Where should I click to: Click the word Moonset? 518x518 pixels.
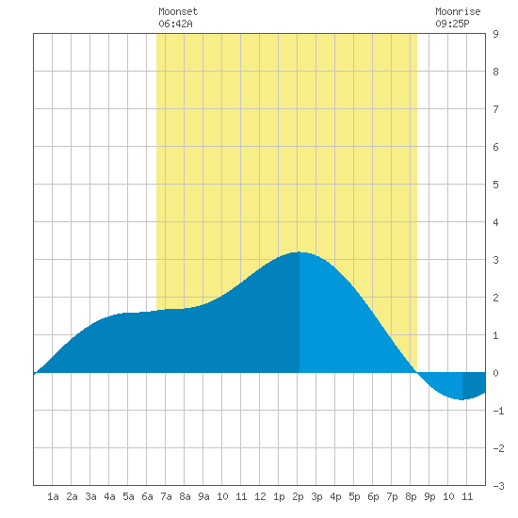coord(178,11)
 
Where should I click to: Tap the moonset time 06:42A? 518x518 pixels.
coord(175,24)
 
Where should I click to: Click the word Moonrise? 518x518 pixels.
coord(458,11)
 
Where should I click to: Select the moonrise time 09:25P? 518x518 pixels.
coord(452,24)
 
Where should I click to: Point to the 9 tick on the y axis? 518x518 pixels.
coord(495,34)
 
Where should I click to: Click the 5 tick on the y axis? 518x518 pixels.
coord(495,185)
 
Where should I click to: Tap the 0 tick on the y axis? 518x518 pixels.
coord(495,373)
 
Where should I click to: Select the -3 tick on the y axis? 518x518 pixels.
coord(498,486)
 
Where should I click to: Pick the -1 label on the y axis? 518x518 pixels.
coord(498,411)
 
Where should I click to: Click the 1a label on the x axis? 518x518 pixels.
coord(53,496)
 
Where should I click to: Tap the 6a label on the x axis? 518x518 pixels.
coord(147,496)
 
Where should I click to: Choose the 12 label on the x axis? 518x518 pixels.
coord(260,496)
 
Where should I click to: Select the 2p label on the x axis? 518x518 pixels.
coord(298,496)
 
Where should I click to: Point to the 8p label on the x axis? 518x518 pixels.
coord(411,496)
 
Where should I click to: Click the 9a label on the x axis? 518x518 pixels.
coord(203,496)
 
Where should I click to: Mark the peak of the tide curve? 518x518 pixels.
coord(299,252)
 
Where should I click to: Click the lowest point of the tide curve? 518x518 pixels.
coord(461,399)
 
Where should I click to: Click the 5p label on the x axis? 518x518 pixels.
coord(354,496)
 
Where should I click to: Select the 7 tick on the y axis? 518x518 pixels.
coord(495,109)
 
